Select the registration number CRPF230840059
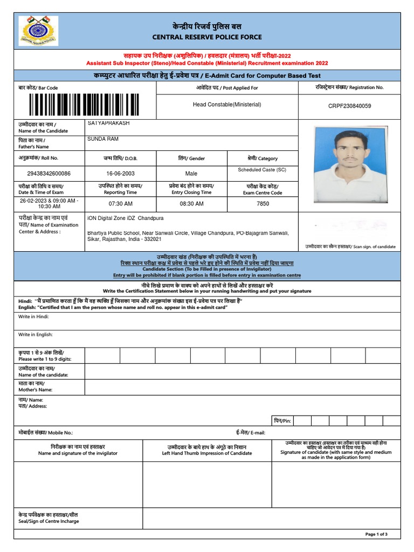pyautogui.click(x=349, y=106)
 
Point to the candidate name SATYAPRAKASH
pyautogui.click(x=108, y=123)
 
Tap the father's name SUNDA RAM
pyautogui.click(x=102, y=139)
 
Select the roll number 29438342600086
pyautogui.click(x=48, y=174)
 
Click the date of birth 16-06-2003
pyautogui.click(x=120, y=174)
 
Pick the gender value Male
pyautogui.click(x=191, y=174)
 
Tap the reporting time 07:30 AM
pyautogui.click(x=120, y=204)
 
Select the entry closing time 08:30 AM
pyautogui.click(x=191, y=204)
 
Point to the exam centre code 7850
pyautogui.click(x=263, y=204)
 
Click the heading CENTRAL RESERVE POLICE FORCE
pyautogui.click(x=207, y=37)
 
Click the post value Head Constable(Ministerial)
pyautogui.click(x=227, y=105)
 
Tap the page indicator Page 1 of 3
pyautogui.click(x=376, y=534)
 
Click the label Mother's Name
pyautogui.click(x=36, y=389)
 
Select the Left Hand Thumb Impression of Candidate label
pyautogui.click(x=207, y=453)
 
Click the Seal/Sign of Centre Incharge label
pyautogui.click(x=49, y=521)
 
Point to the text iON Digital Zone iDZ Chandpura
pyautogui.click(x=125, y=218)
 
